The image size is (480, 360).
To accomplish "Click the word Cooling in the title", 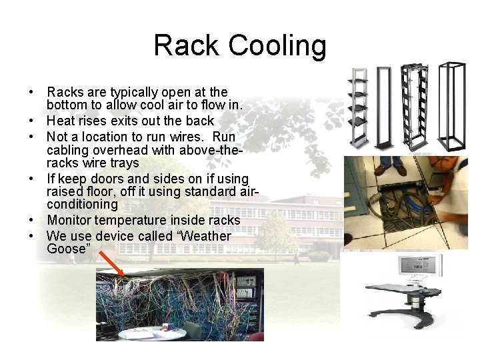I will [278, 46].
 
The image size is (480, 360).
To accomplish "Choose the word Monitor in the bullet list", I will [71, 220].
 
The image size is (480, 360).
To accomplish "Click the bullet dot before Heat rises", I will [31, 121].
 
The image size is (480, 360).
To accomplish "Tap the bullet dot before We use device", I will [31, 237].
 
